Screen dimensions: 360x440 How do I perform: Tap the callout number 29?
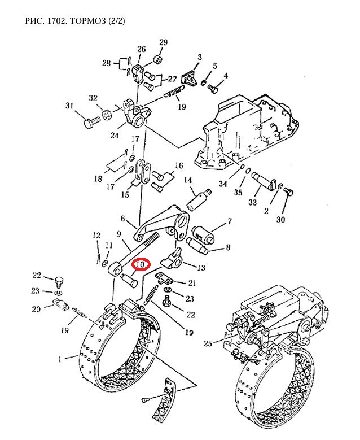[x=164, y=42]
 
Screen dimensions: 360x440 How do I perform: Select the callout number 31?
[x=69, y=106]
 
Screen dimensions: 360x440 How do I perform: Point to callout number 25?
[x=208, y=343]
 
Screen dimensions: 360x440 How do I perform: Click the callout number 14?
[x=187, y=180]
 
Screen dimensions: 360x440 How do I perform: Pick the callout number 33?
[x=252, y=202]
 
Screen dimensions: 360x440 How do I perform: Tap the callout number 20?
[x=36, y=309]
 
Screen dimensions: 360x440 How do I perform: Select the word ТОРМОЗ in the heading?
[x=89, y=21]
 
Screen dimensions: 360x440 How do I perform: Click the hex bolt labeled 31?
[x=92, y=123]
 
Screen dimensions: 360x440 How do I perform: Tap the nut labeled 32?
[x=107, y=115]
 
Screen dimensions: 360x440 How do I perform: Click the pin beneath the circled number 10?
[x=129, y=281]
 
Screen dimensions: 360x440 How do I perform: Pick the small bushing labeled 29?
[x=158, y=60]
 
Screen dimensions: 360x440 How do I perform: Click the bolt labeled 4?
[x=213, y=89]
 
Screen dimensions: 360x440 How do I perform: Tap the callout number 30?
[x=280, y=220]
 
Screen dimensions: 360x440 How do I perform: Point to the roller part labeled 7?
[x=203, y=234]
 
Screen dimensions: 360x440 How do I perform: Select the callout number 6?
[x=122, y=219]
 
